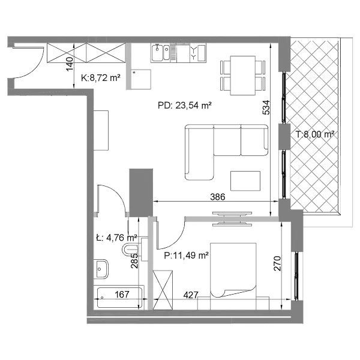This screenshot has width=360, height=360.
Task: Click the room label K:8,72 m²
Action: pos(101,78)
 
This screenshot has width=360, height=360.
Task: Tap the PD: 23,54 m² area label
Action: pos(184,106)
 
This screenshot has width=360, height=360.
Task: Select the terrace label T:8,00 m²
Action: pos(314,134)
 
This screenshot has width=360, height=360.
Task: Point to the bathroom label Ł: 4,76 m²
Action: pos(116,238)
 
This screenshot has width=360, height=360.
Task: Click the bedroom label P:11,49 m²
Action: pos(187,256)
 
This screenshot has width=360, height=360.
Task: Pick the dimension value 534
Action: pos(266,107)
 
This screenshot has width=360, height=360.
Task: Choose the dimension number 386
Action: pos(218,197)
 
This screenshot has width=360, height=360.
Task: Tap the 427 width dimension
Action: pos(191,295)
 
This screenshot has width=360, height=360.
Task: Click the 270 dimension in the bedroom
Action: pos(277,263)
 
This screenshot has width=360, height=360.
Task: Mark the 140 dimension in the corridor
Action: pos(70,64)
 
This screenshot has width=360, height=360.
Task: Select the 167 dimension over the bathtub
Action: pos(122,295)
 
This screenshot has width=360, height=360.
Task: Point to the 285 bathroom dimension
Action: pos(134,260)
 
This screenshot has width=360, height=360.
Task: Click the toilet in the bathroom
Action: pos(130,250)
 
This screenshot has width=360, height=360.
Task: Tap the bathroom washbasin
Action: pos(101,269)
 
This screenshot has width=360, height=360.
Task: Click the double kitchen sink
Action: pos(160,53)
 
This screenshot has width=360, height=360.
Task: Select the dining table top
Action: pos(242,76)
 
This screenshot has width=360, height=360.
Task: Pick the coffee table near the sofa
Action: pos(245,181)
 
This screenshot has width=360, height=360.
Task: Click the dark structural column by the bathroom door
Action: pos(141,193)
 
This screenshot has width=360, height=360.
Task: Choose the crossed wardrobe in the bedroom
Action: pos(163,290)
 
